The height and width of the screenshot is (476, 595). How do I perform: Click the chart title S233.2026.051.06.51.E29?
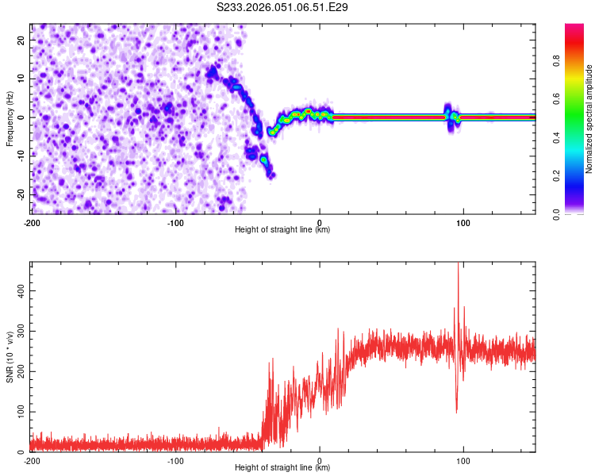click(282, 8)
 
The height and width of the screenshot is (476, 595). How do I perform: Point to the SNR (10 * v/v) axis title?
click(10, 356)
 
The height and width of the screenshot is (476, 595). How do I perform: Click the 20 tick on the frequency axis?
click(21, 40)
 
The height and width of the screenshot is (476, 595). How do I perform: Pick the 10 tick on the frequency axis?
click(21, 79)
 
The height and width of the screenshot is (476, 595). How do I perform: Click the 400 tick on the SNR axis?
click(17, 291)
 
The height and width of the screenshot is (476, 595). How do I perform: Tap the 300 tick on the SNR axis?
click(17, 332)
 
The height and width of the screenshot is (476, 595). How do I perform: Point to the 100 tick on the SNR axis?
click(17, 413)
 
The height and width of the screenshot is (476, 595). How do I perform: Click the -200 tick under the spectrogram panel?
click(32, 222)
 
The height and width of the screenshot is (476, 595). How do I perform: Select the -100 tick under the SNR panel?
click(175, 461)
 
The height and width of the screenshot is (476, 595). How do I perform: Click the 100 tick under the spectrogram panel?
click(463, 222)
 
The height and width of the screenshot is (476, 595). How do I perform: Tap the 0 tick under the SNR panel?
click(320, 461)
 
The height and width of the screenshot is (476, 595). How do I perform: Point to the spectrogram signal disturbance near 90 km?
click(450, 116)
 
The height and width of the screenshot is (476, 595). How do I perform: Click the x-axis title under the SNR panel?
click(282, 468)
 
